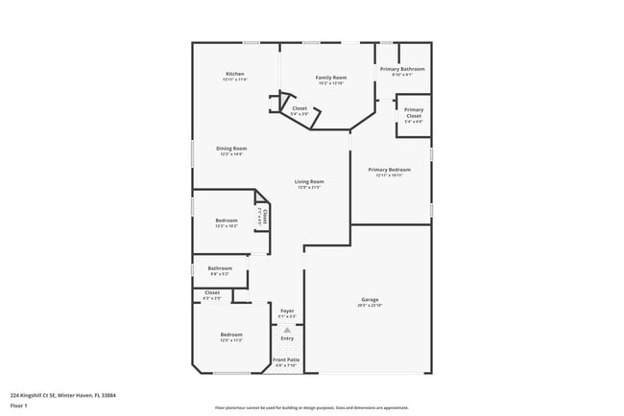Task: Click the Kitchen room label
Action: pos(235,74)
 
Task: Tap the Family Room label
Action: pos(331,77)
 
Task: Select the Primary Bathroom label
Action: pos(402,69)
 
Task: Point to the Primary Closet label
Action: pos(414,112)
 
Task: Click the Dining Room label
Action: pos(231,149)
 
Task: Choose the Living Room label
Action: pos(309,181)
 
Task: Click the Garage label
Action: pos(371,299)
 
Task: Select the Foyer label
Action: pos(287,311)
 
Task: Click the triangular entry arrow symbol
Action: pos(287,329)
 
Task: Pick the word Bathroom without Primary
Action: pos(221,268)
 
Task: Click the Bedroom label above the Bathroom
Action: pos(227,220)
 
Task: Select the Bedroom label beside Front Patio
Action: pos(231,335)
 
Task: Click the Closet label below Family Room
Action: pos(300,108)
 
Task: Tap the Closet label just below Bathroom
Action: pos(212,292)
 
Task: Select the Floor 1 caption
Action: pos(19,405)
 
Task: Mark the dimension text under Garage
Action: pos(371,305)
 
